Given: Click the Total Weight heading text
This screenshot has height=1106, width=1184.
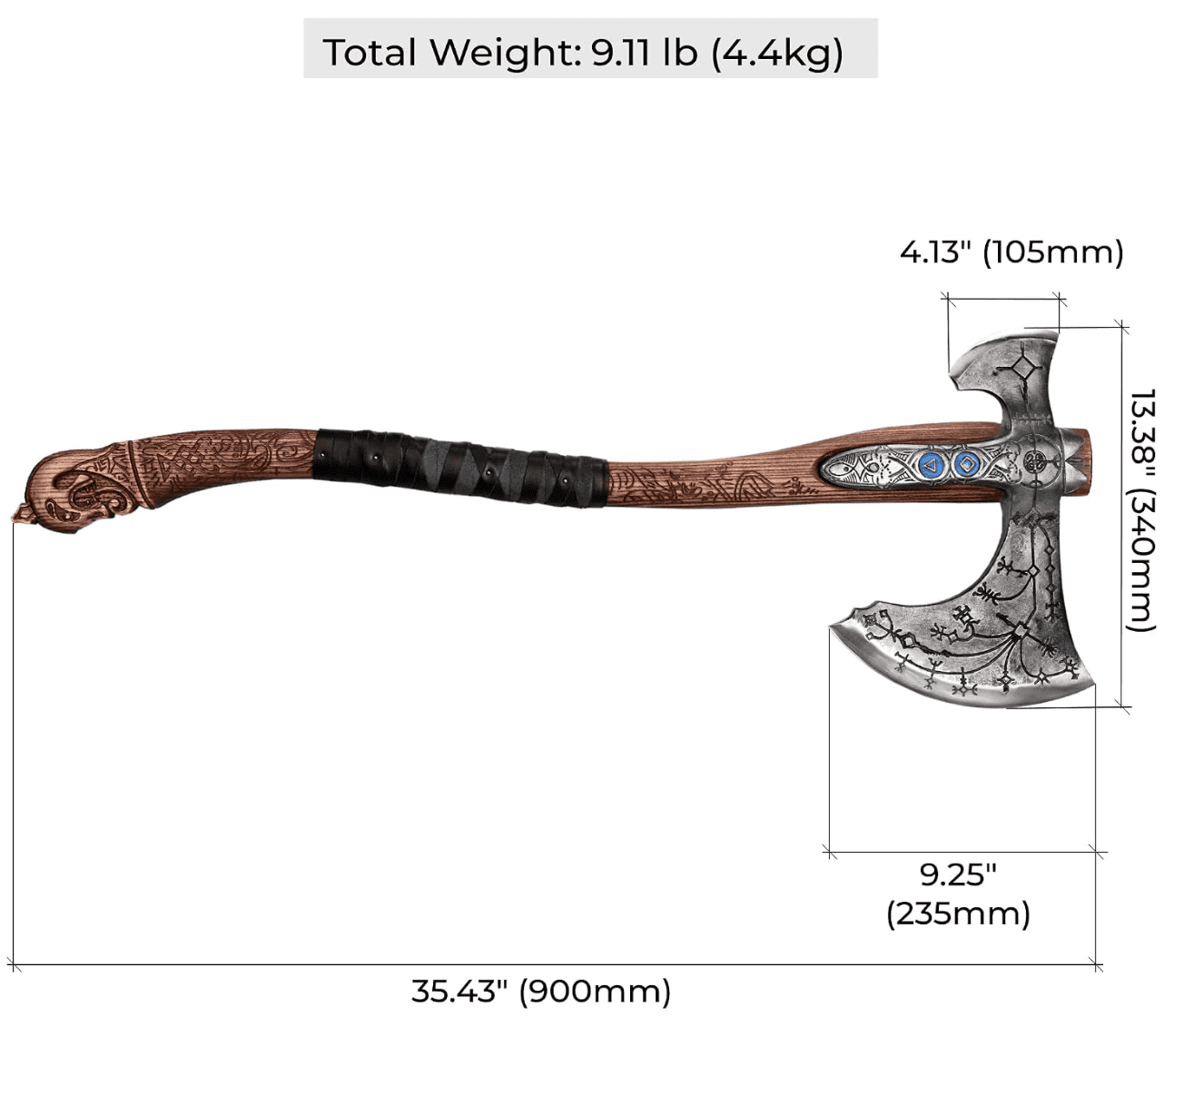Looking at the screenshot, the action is click(583, 53).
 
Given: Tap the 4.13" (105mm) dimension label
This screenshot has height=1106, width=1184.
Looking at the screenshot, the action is click(1011, 252).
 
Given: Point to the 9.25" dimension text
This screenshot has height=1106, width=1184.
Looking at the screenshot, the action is click(958, 875).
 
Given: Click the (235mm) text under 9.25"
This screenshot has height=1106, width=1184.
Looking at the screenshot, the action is click(958, 914).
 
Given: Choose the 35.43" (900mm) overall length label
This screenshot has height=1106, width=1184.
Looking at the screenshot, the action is click(541, 992).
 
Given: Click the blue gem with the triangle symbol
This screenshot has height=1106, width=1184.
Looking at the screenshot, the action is click(931, 464).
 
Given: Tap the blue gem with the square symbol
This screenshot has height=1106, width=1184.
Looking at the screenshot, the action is click(967, 464).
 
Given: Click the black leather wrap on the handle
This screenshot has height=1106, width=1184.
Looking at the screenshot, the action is click(460, 468).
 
